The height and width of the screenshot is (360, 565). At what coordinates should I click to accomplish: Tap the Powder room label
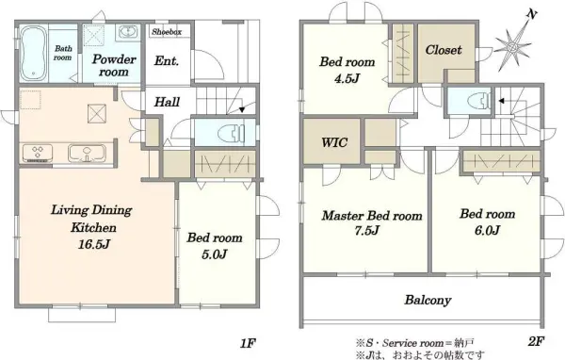(114, 64)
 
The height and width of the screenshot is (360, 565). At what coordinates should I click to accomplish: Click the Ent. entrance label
(167, 63)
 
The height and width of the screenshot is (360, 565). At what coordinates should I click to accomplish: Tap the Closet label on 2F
(444, 50)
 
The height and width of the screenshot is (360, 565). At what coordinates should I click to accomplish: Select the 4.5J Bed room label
(347, 70)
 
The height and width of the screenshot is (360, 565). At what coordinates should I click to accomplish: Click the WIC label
(332, 144)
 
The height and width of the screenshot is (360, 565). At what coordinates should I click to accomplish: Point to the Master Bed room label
(371, 216)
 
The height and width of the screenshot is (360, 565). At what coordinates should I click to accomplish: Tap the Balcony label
(429, 302)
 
